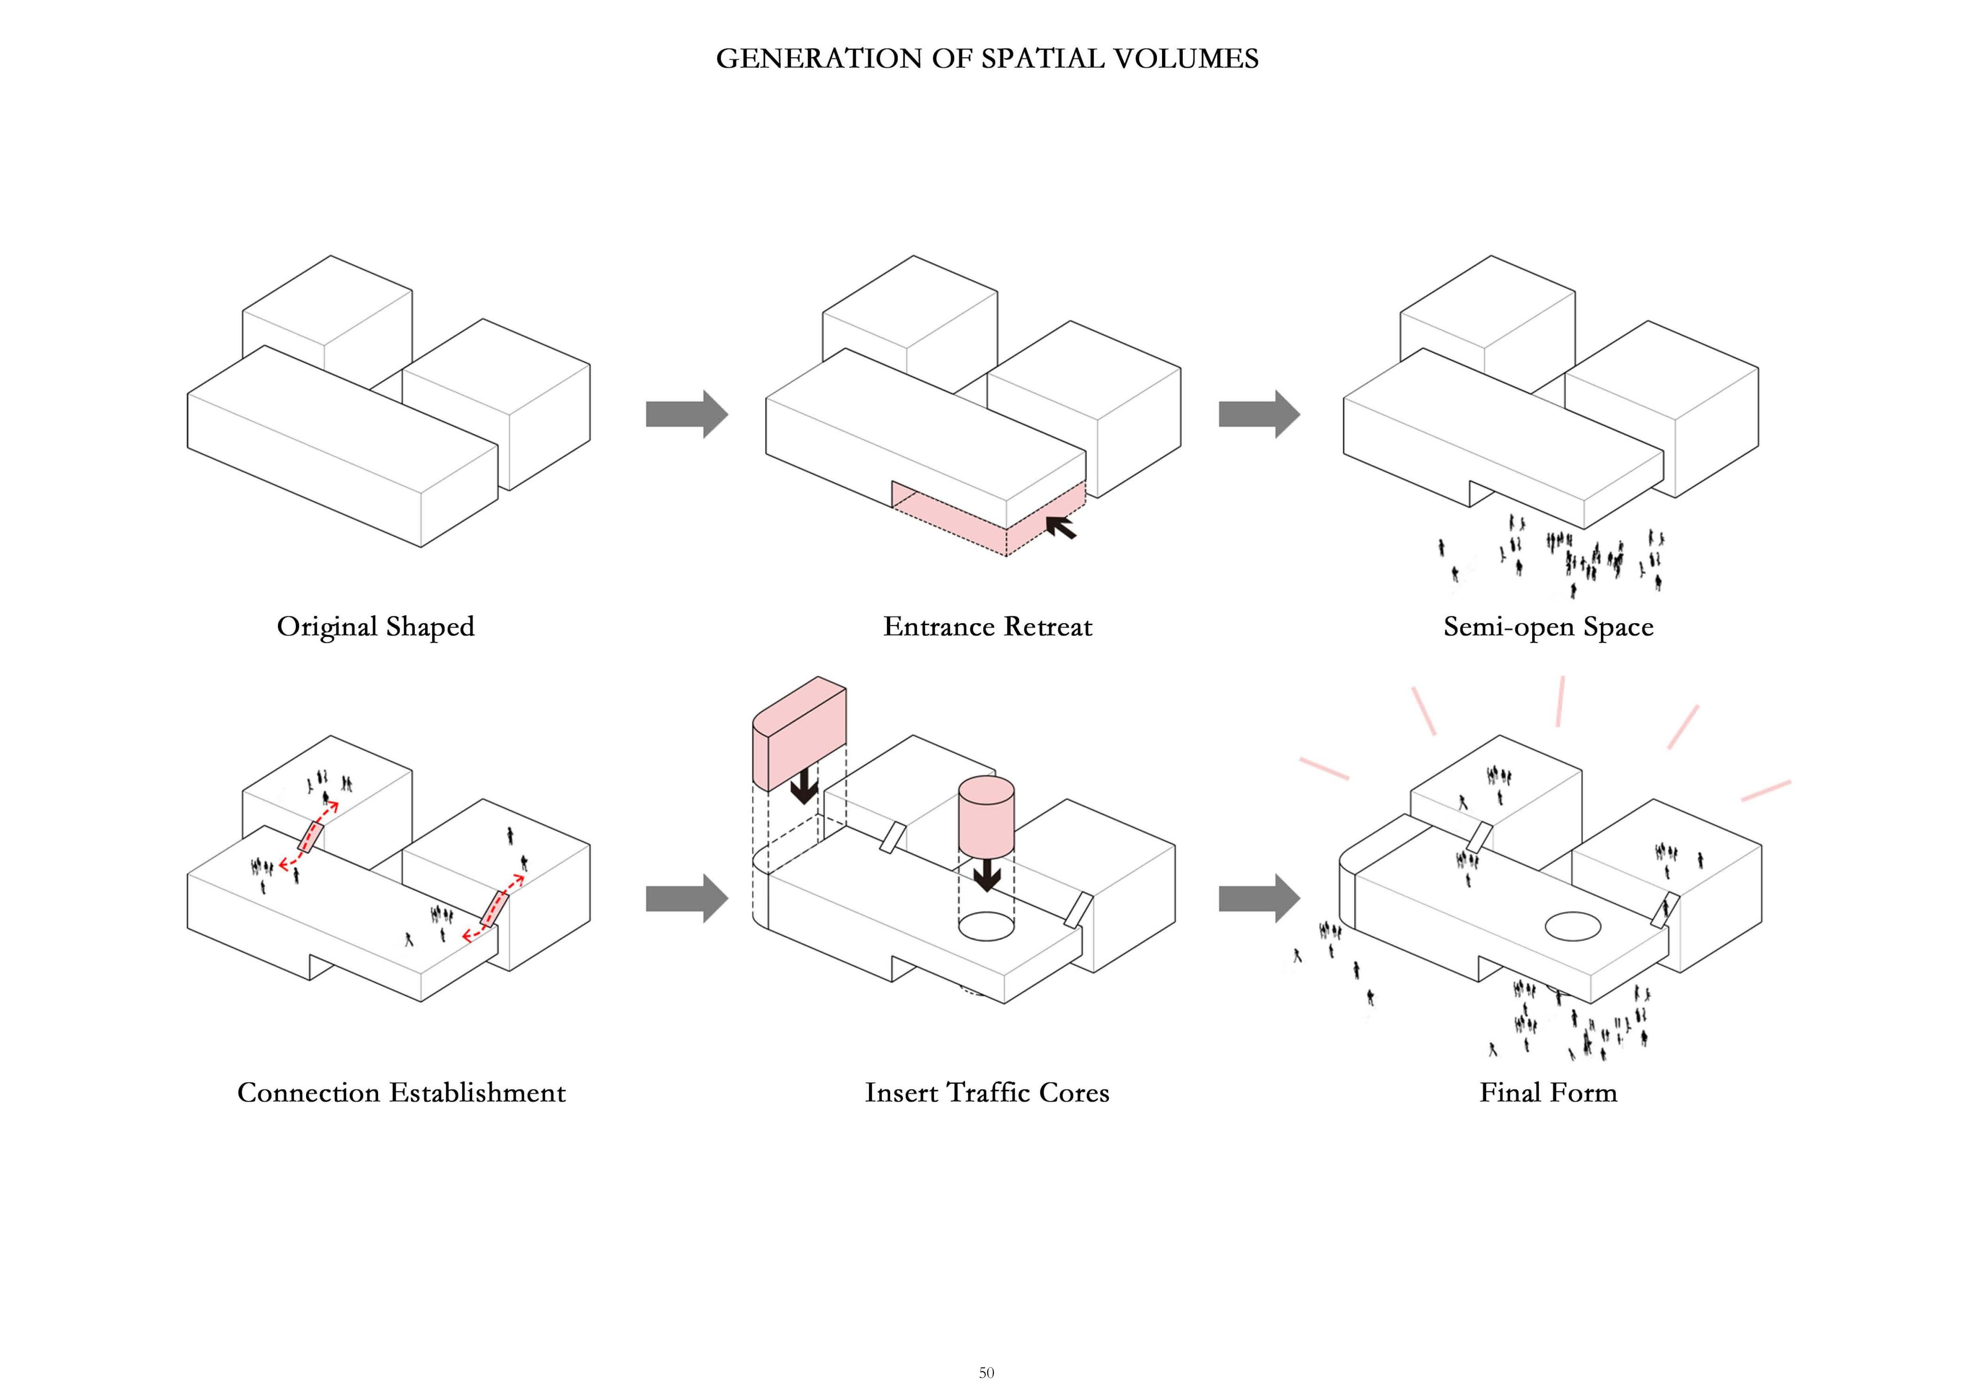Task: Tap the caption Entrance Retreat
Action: (987, 626)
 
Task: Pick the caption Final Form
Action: (1548, 1092)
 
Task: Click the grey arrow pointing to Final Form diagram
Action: (1259, 899)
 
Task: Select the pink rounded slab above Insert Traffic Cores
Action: (799, 733)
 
